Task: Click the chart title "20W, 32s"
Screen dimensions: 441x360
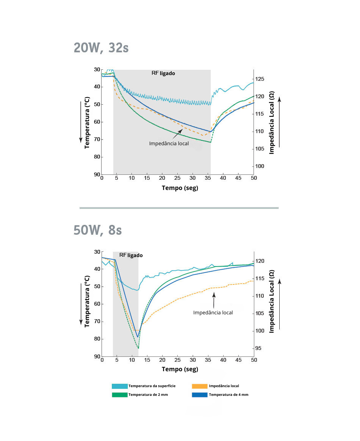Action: [x=101, y=48]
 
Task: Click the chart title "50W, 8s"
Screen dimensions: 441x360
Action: [x=98, y=230]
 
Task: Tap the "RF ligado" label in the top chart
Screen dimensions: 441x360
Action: [x=163, y=73]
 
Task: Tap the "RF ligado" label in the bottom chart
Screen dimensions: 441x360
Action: [x=131, y=255]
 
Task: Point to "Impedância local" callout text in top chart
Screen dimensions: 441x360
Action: [x=169, y=143]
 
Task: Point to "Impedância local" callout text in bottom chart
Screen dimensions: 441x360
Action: [x=213, y=312]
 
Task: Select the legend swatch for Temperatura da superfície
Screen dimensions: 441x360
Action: [x=119, y=386]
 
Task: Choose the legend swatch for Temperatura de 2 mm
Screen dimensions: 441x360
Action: [x=119, y=395]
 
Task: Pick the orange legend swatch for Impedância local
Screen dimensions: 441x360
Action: [x=200, y=386]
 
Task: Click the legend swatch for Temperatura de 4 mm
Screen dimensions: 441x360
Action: [x=200, y=395]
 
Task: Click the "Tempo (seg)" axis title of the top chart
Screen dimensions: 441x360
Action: [x=180, y=188]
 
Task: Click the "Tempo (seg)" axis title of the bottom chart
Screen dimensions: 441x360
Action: [x=180, y=369]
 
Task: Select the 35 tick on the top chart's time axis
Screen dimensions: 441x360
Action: [x=208, y=178]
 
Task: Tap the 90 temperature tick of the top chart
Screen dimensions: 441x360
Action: [x=97, y=174]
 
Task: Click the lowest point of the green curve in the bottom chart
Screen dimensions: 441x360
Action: [x=138, y=348]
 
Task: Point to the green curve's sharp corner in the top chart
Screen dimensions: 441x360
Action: [x=211, y=143]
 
